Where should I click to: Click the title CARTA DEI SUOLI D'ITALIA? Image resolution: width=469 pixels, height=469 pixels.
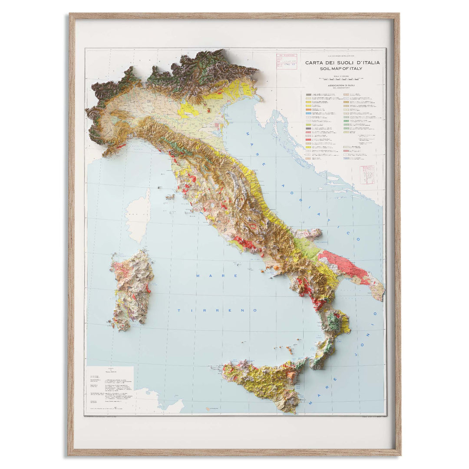tap(342, 63)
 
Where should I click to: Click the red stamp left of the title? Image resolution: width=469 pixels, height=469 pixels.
tap(287, 61)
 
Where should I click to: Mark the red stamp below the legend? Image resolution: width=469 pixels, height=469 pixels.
tap(367, 174)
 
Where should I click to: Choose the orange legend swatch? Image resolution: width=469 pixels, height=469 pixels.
tap(308, 109)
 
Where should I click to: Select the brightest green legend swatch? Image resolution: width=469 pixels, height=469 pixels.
tap(346, 121)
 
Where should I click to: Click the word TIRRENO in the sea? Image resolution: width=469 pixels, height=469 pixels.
tap(217, 310)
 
